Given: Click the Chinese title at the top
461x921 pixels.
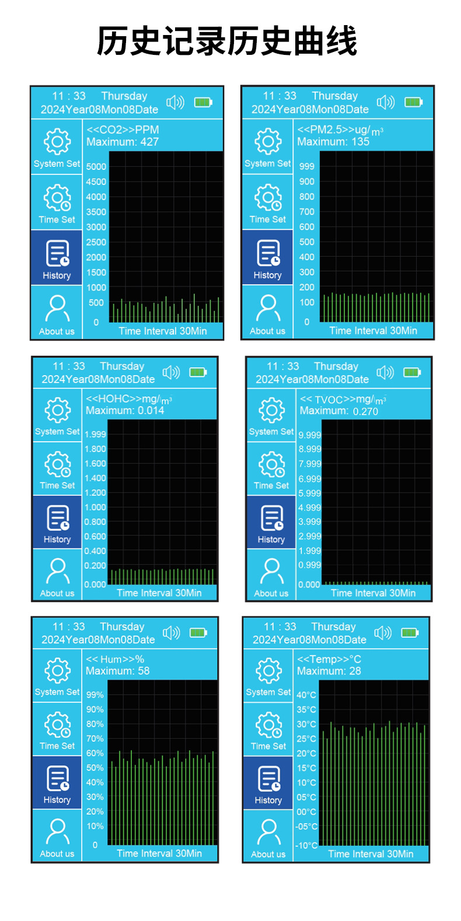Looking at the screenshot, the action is point(227,41).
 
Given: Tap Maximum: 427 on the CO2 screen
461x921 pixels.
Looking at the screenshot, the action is point(123,142).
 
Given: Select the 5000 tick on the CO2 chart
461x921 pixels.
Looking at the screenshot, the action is point(96,166).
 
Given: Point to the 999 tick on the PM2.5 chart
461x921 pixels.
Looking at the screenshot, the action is point(307,166).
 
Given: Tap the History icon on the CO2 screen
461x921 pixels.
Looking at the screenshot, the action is point(57,253).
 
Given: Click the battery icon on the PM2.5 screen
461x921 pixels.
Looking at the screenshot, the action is point(413,102).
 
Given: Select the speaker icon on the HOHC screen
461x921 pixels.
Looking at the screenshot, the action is point(171,372).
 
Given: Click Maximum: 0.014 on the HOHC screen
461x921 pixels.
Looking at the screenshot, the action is point(125,411).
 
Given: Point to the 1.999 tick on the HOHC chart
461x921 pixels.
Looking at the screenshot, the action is point(95,434).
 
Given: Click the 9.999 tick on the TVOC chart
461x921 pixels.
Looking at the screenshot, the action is point(309,435).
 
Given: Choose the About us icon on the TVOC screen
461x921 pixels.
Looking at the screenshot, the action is point(271,571).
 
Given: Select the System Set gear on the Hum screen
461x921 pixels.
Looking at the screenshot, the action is point(57,671).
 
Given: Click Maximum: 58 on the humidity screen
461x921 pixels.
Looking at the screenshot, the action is point(118,671).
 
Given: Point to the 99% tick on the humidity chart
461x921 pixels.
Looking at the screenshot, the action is point(95,695).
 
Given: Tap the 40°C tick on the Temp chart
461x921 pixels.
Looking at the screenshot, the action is point(306,695).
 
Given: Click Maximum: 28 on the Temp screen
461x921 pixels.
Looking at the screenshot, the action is point(329,671).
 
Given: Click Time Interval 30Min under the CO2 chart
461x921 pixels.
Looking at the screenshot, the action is point(163,331).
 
